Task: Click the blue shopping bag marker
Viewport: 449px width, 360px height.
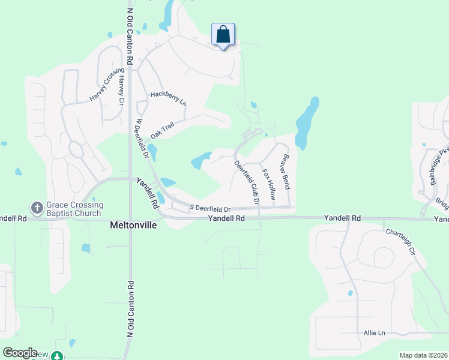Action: [x=223, y=35]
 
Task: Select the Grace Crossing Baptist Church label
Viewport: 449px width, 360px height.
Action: [x=74, y=208]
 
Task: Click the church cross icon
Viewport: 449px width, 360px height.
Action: [x=37, y=208]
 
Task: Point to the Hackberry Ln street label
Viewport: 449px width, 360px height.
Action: [x=169, y=98]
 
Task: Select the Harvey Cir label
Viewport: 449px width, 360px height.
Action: [x=121, y=91]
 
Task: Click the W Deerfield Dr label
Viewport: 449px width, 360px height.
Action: [x=142, y=137]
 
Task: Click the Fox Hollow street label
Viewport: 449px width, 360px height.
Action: [x=268, y=184]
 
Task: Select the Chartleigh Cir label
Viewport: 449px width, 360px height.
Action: [x=400, y=240]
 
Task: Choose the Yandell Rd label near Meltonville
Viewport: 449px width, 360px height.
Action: [x=227, y=218]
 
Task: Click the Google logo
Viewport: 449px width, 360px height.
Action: [x=20, y=353]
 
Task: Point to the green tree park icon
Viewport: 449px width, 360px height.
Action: [x=56, y=356]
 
